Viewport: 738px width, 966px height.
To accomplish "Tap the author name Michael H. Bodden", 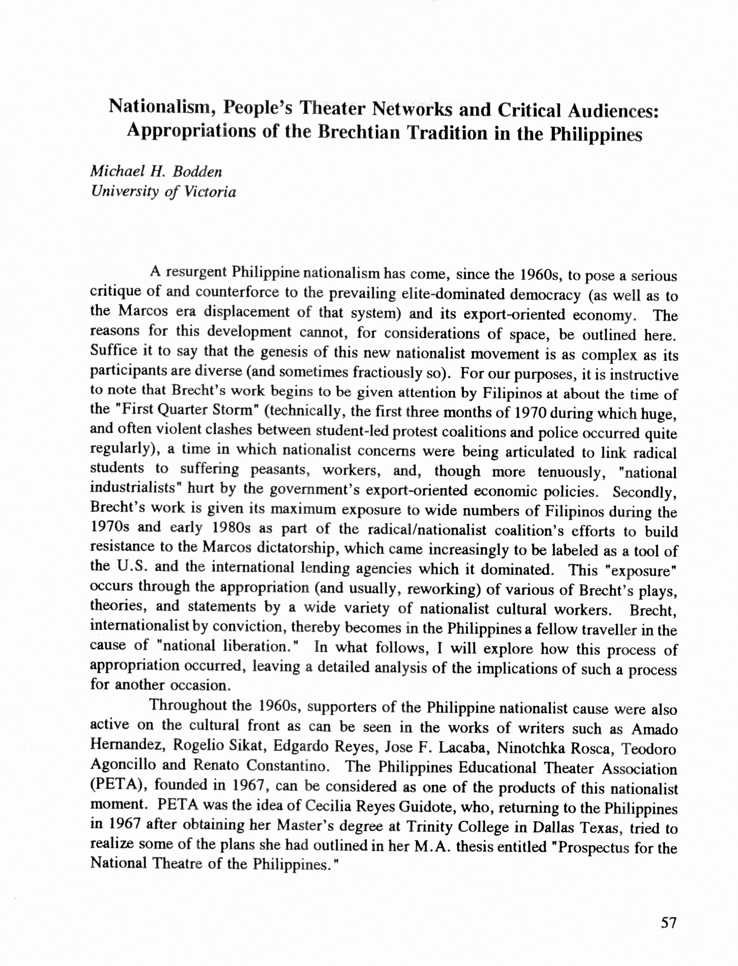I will click(156, 171).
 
